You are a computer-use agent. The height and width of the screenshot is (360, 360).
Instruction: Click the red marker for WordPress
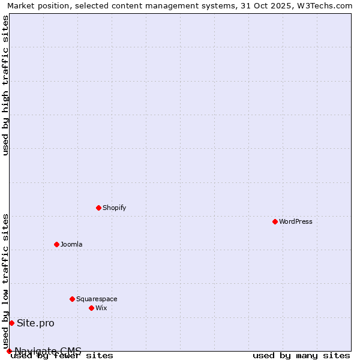point(275,221)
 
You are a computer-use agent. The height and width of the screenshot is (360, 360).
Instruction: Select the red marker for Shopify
point(98,208)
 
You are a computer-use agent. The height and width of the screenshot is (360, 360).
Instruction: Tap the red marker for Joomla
point(56,244)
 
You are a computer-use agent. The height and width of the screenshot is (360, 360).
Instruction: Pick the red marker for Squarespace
point(72,299)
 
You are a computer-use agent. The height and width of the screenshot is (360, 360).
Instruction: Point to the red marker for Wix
point(91,308)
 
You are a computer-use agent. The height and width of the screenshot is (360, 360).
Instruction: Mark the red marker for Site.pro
point(11,323)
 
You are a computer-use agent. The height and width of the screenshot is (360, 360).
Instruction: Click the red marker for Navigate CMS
point(9,351)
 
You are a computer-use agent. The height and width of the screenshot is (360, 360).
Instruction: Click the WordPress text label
point(296,221)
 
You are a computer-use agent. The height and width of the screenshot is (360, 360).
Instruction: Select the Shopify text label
point(114,208)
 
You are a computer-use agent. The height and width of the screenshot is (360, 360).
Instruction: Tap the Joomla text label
point(71,244)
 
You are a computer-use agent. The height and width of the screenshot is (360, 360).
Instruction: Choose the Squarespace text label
point(97,299)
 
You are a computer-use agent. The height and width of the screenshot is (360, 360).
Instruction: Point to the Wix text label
point(101,308)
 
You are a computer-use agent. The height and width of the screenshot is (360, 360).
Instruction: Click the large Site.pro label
point(35,323)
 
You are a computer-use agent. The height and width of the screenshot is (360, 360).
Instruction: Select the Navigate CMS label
point(48,351)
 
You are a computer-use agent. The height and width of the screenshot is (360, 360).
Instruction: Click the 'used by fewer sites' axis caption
point(62,355)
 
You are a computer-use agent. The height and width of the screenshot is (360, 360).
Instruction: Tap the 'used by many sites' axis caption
point(301,355)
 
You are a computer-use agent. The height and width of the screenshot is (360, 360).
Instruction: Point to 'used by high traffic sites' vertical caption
point(5,85)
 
